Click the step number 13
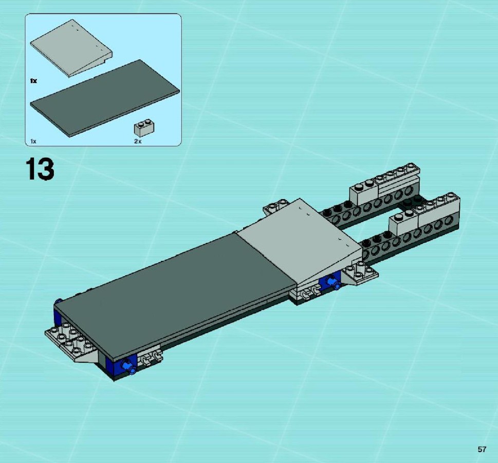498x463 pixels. (x=40, y=169)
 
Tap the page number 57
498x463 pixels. (x=482, y=449)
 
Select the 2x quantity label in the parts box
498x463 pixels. (x=138, y=141)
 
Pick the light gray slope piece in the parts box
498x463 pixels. (x=71, y=48)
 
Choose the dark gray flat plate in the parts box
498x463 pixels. (x=105, y=99)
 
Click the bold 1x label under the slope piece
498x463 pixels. (x=33, y=81)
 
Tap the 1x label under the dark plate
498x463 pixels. (x=33, y=141)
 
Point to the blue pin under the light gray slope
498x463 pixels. (x=334, y=282)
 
